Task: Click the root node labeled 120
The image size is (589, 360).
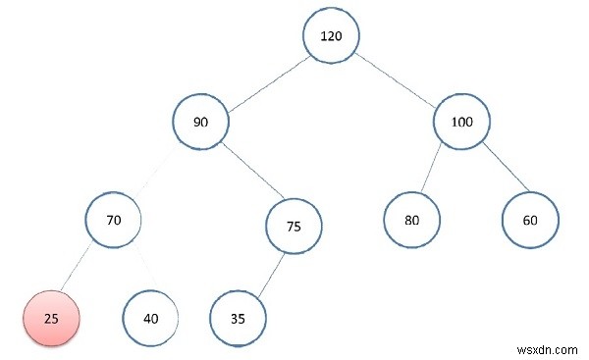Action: [330, 36]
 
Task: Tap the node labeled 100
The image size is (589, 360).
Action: [460, 123]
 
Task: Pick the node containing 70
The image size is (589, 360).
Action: [113, 221]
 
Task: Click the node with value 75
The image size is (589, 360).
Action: [294, 226]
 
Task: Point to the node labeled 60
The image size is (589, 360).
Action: [530, 220]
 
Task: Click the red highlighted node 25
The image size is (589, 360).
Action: [50, 318]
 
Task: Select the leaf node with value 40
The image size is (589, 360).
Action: [150, 318]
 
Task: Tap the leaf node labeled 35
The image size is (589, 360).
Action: [238, 318]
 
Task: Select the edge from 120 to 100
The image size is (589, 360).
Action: [396, 79]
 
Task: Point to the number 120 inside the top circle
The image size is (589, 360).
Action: [330, 36]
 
